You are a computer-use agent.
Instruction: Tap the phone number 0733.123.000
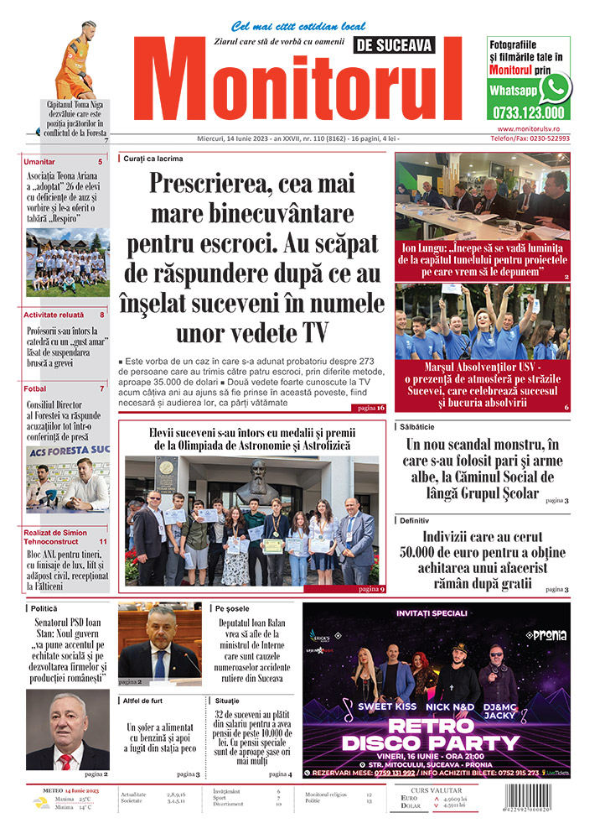point(528,113)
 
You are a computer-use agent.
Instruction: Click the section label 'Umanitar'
point(40,161)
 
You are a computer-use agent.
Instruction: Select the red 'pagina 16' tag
point(369,408)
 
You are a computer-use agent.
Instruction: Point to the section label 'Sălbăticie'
point(422,427)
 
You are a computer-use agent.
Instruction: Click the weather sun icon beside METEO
point(41,802)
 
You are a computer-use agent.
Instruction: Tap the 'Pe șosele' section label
point(231,607)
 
